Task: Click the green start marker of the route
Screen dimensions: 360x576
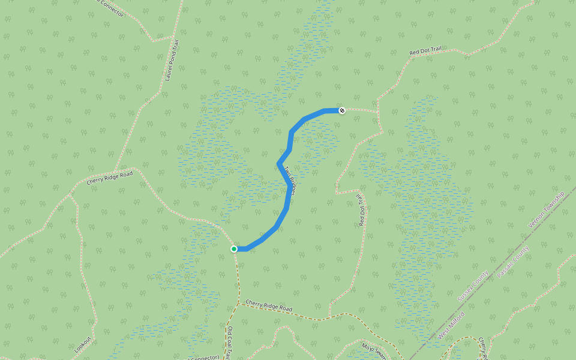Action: pyautogui.click(x=234, y=249)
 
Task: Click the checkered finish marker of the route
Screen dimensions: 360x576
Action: pyautogui.click(x=342, y=110)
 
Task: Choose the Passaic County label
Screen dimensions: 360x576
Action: pyautogui.click(x=513, y=262)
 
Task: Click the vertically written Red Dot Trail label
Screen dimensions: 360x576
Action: pyautogui.click(x=361, y=209)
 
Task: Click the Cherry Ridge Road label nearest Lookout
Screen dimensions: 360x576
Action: pyautogui.click(x=109, y=178)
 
